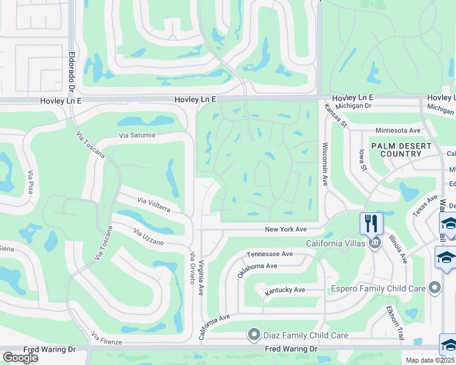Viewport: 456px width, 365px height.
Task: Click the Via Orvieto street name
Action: coord(191,268)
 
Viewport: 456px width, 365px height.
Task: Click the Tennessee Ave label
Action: coord(270,254)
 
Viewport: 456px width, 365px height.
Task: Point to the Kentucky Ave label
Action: coord(285,290)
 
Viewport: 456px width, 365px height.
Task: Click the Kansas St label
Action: coord(335,116)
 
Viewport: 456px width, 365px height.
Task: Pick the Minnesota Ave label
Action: coord(397,130)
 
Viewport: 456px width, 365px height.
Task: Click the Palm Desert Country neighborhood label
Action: coord(401,150)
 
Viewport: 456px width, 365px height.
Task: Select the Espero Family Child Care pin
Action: coord(434,288)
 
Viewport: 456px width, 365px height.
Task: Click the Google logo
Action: coord(20,358)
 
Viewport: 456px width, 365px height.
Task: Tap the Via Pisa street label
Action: coord(30,182)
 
